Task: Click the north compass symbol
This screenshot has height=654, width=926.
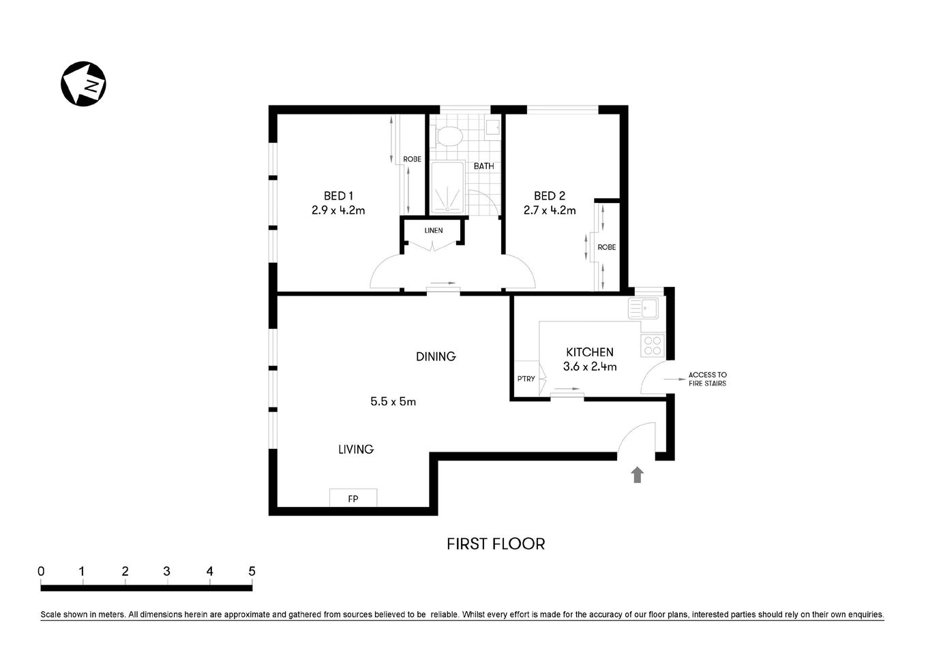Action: (x=84, y=84)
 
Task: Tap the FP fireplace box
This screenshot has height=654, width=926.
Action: (x=353, y=498)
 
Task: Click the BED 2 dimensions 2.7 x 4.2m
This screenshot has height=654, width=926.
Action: (x=550, y=211)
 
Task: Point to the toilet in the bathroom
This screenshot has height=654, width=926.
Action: (x=448, y=136)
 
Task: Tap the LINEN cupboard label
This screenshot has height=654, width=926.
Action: (x=434, y=230)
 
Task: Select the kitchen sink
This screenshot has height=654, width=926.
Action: (x=644, y=309)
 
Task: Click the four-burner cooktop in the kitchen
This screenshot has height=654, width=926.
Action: (x=652, y=346)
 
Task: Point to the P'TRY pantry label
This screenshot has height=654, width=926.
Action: (x=526, y=379)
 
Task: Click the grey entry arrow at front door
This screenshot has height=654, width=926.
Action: (x=638, y=475)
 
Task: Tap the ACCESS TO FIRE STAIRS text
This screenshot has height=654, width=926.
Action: (x=707, y=379)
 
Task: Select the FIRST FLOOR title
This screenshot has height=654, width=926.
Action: (x=496, y=544)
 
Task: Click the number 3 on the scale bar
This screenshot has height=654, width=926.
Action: (x=167, y=572)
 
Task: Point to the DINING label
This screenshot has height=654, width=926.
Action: (x=436, y=356)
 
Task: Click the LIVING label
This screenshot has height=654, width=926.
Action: (x=356, y=449)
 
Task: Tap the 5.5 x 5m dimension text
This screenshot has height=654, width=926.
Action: (x=393, y=401)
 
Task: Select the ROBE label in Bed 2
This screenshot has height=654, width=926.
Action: (x=606, y=247)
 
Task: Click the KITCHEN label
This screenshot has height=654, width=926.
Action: (x=590, y=352)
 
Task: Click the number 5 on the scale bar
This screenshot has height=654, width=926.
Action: (x=252, y=572)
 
